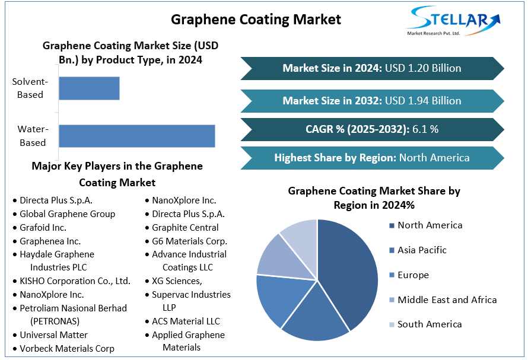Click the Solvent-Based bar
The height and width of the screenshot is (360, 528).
click(x=89, y=88)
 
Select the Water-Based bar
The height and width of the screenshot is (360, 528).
click(x=136, y=136)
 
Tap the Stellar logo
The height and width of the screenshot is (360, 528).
click(x=453, y=21)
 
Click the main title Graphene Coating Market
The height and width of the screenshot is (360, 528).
click(x=256, y=20)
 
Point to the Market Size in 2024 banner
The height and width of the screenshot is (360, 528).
click(x=371, y=68)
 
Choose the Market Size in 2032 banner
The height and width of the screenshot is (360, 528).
click(x=371, y=101)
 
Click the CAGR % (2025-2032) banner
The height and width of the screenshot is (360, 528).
click(x=371, y=129)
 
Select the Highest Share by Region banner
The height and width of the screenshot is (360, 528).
click(x=371, y=158)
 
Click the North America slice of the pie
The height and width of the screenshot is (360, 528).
click(x=350, y=267)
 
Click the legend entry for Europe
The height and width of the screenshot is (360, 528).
click(x=413, y=275)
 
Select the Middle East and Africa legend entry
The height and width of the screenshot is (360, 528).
click(x=447, y=300)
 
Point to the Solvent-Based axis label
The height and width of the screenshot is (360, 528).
click(x=30, y=88)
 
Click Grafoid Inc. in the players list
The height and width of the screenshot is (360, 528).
click(x=43, y=227)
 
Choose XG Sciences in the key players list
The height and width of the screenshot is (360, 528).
click(x=177, y=281)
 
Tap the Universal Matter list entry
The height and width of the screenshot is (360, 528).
click(x=53, y=335)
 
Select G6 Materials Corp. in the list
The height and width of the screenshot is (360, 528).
click(x=189, y=241)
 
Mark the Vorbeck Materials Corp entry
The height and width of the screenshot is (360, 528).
click(x=66, y=349)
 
